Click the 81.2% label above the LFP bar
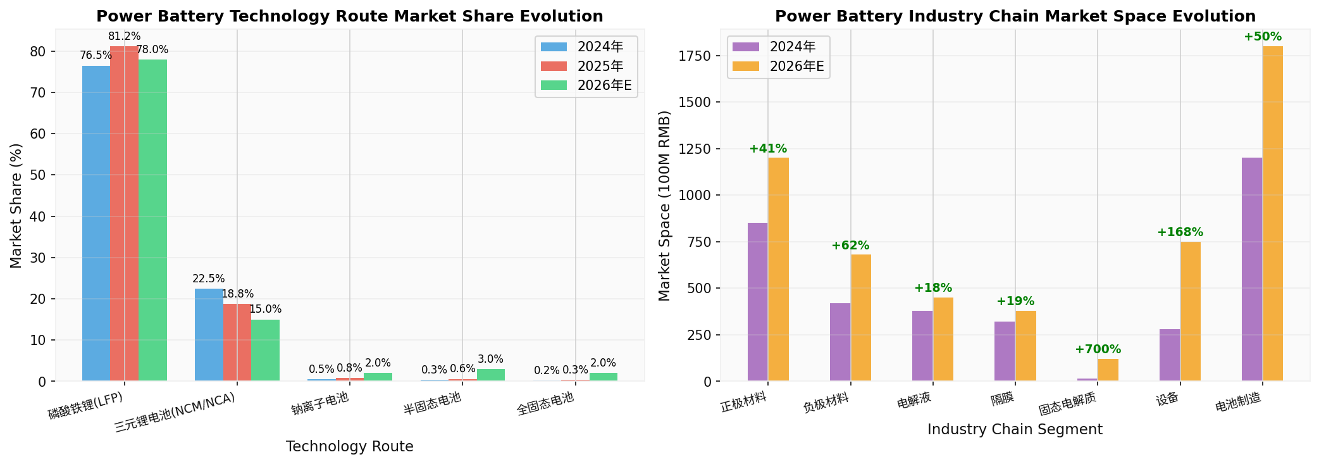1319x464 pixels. pos(125,37)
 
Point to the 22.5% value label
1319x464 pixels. pos(209,279)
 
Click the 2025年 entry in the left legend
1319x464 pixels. pos(600,66)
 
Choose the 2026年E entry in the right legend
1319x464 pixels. pos(796,66)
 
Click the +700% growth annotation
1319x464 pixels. pos(1098,349)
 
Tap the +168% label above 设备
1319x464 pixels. pos(1180,232)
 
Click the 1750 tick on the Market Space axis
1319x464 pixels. pos(695,56)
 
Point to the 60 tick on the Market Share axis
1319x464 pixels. pos(39,134)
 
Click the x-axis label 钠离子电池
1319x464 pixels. pos(320,404)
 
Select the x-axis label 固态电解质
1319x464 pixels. pos(1067,403)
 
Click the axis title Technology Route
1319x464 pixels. pos(349,446)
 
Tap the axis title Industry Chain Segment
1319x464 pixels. pos(1015,429)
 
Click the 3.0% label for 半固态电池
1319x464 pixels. pos(490,360)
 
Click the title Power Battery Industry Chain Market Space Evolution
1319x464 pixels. pos(1015,16)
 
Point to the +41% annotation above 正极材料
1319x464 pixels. pos(768,149)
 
